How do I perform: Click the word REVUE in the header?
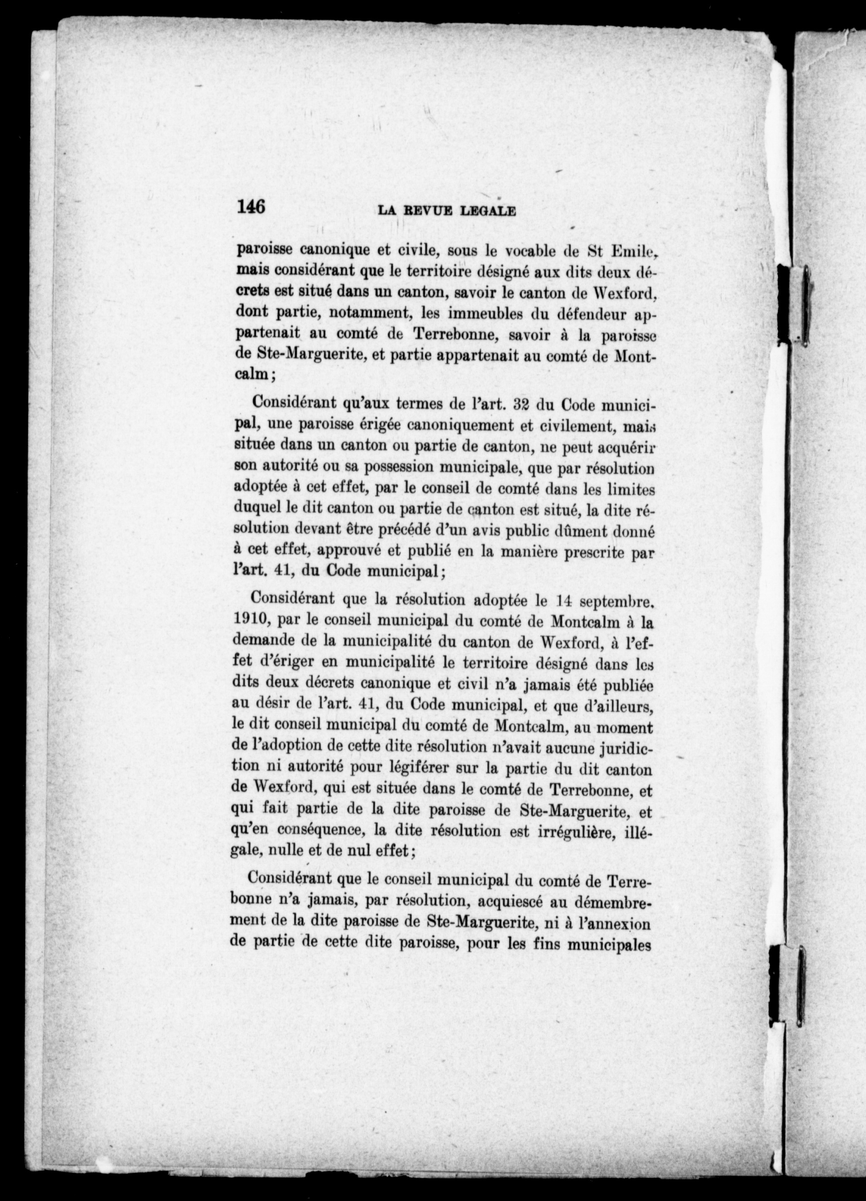(x=427, y=210)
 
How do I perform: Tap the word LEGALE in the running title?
(x=488, y=210)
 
